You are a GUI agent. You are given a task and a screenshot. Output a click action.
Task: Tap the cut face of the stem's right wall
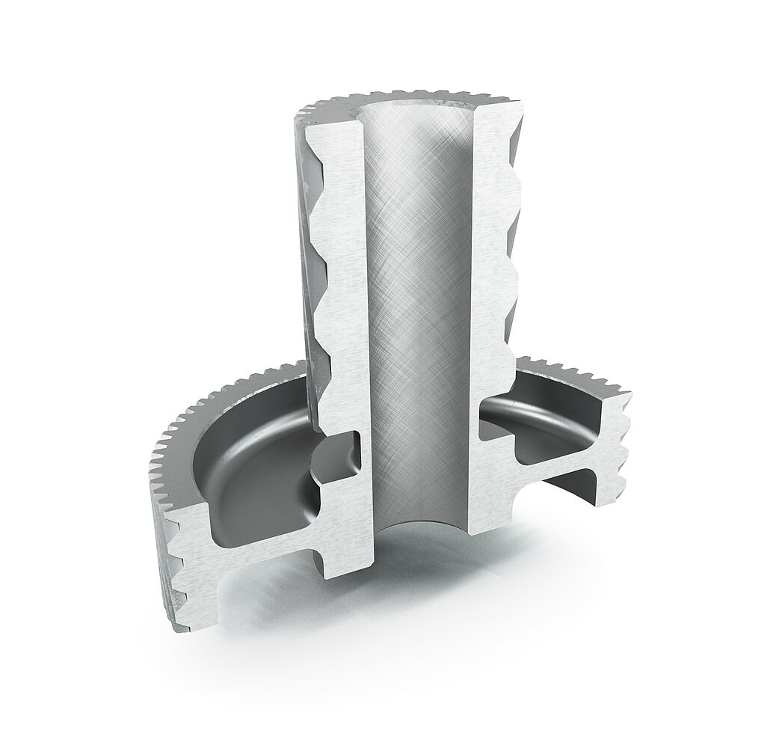(490, 299)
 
